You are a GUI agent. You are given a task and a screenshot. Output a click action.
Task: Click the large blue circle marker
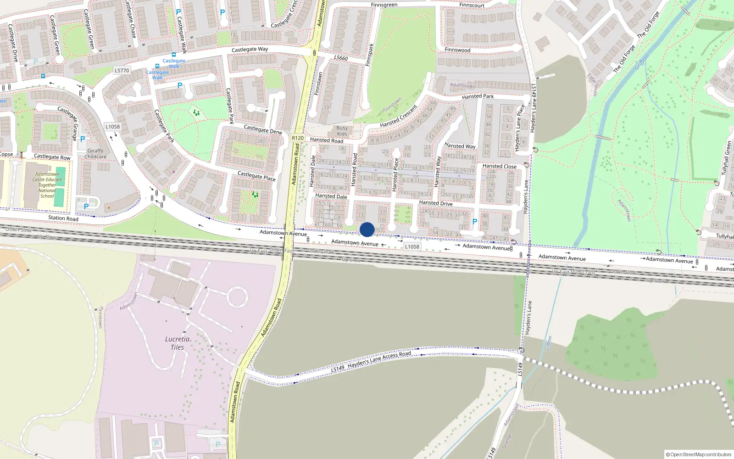tap(367, 229)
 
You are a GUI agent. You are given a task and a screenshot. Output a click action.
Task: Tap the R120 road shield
tap(298, 138)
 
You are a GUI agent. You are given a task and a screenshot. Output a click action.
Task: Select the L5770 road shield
tap(122, 70)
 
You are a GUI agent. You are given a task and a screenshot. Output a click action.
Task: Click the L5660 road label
tap(341, 58)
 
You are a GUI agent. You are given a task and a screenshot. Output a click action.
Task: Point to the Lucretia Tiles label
tap(177, 343)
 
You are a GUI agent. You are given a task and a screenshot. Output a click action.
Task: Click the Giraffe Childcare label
tap(95, 154)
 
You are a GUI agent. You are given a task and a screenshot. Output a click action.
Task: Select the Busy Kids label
tap(342, 131)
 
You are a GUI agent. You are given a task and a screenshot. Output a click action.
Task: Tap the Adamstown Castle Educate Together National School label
tap(47, 185)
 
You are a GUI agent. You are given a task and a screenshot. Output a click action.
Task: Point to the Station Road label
tap(63, 218)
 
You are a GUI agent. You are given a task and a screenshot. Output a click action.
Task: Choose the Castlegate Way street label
tap(250, 49)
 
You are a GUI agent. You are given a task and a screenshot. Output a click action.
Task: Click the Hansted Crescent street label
tap(398, 116)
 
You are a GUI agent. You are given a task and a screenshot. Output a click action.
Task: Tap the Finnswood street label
tap(457, 50)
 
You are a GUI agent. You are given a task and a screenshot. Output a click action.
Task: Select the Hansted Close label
tap(499, 166)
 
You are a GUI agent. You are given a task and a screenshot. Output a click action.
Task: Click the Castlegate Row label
tap(52, 157)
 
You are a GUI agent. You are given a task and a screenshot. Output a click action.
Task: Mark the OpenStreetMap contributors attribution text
tap(699, 454)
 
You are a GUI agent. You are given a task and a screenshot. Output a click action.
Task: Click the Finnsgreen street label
tap(384, 5)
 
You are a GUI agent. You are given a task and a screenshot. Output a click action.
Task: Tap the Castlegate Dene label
tap(263, 129)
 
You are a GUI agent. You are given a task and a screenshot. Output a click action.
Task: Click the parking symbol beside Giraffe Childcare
tap(83, 139)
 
